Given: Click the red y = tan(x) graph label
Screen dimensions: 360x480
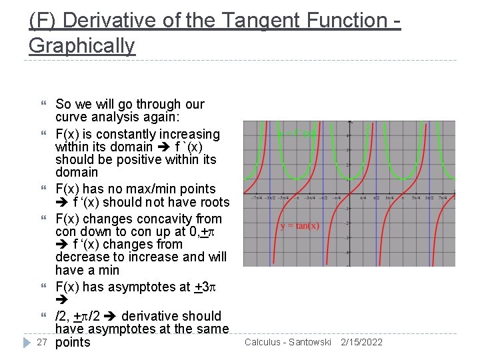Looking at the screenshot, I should pyautogui.click(x=299, y=225).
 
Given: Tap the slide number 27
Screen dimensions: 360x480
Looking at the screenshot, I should pyautogui.click(x=41, y=342).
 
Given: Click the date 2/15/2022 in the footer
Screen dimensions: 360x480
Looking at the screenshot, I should pyautogui.click(x=361, y=342).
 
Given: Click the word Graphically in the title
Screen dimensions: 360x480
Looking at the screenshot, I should pyautogui.click(x=81, y=45).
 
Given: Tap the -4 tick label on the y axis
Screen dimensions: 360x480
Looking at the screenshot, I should pyautogui.click(x=347, y=252).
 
